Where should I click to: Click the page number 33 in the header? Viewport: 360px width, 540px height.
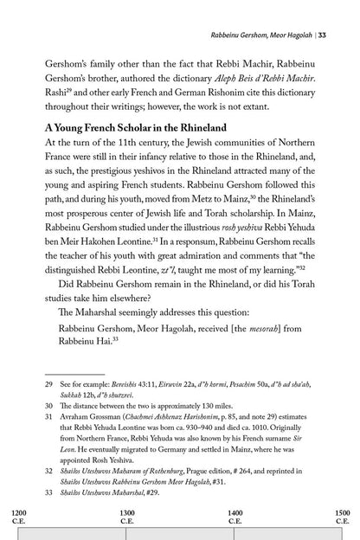(x=345, y=10)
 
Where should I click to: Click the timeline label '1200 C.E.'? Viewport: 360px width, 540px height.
(x=18, y=517)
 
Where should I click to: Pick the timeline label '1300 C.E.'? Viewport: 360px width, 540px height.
(x=126, y=517)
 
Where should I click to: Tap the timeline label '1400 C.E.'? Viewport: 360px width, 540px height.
(x=235, y=517)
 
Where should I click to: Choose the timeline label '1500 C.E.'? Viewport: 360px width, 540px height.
(x=341, y=517)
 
